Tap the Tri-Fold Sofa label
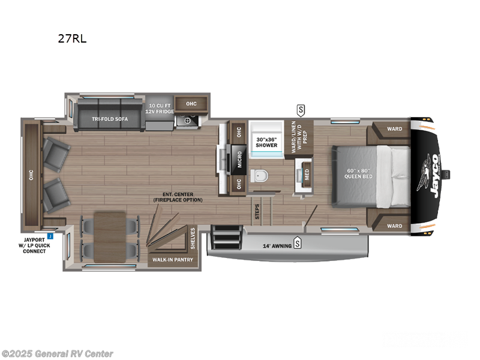pyautogui.click(x=104, y=119)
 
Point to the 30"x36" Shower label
pyautogui.click(x=266, y=142)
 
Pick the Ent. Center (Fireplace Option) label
pyautogui.click(x=182, y=197)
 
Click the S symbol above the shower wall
pyautogui.click(x=301, y=110)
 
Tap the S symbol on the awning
pyautogui.click(x=296, y=244)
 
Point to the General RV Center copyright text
pyautogui.click(x=58, y=353)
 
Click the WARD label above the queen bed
pyautogui.click(x=394, y=128)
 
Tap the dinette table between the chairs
pyautogui.click(x=110, y=231)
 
